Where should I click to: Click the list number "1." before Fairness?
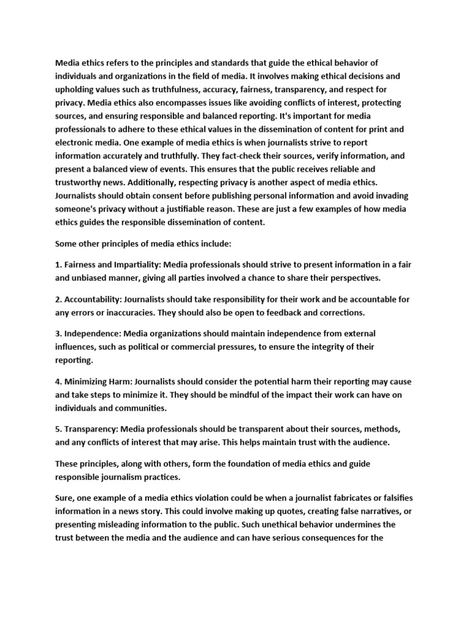[x=59, y=265]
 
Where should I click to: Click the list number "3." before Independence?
[x=59, y=333]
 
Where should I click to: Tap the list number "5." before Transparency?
[x=59, y=429]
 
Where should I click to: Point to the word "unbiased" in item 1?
[x=93, y=278]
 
